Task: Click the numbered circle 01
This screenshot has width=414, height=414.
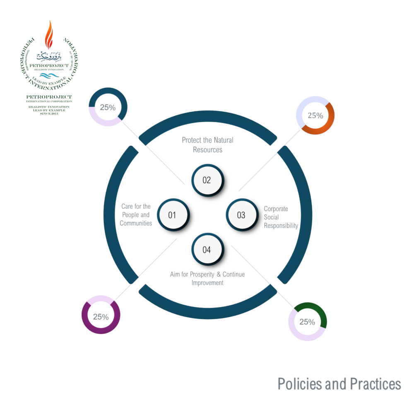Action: coord(173,215)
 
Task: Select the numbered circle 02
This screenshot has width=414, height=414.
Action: coord(207,180)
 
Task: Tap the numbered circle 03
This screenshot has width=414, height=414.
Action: coord(241,215)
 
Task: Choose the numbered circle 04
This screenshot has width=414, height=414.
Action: coord(207,250)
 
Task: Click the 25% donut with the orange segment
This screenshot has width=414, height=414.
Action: coord(315,116)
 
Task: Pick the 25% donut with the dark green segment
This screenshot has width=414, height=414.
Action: coord(307,322)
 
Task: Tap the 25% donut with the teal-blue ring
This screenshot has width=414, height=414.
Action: coord(108,107)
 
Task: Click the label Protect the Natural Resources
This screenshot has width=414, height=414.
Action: coord(207,145)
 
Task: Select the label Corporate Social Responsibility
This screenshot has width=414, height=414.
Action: coord(281,217)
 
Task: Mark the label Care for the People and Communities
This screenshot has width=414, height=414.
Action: coord(136,215)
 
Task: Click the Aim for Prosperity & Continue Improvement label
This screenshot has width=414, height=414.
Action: coord(207,278)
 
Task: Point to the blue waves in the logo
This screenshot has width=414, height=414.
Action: coord(49,76)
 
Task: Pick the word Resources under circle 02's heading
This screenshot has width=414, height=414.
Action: coord(207,150)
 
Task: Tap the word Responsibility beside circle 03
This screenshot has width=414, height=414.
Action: coord(281,226)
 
